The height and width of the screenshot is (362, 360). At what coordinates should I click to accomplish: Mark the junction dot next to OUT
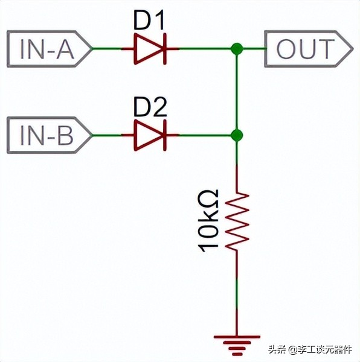click(x=237, y=49)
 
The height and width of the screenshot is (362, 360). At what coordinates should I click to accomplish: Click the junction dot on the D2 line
click(x=237, y=135)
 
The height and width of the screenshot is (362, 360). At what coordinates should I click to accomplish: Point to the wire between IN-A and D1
click(x=107, y=49)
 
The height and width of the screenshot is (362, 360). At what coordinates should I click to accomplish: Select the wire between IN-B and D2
click(x=107, y=135)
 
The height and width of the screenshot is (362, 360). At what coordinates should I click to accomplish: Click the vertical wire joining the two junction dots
click(x=237, y=91)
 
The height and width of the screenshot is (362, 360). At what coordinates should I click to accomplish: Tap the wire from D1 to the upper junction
click(x=205, y=49)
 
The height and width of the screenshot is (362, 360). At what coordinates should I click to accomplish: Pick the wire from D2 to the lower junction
click(x=205, y=135)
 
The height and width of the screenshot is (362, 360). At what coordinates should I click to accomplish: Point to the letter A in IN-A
click(x=62, y=49)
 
